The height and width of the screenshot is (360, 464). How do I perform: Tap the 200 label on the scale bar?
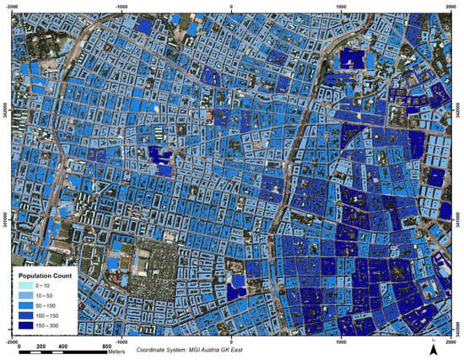click(40, 347)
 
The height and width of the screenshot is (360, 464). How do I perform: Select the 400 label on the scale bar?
click(62, 347)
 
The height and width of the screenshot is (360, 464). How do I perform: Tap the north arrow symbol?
click(434, 347)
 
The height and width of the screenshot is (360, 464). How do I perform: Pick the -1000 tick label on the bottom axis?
click(121, 343)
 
